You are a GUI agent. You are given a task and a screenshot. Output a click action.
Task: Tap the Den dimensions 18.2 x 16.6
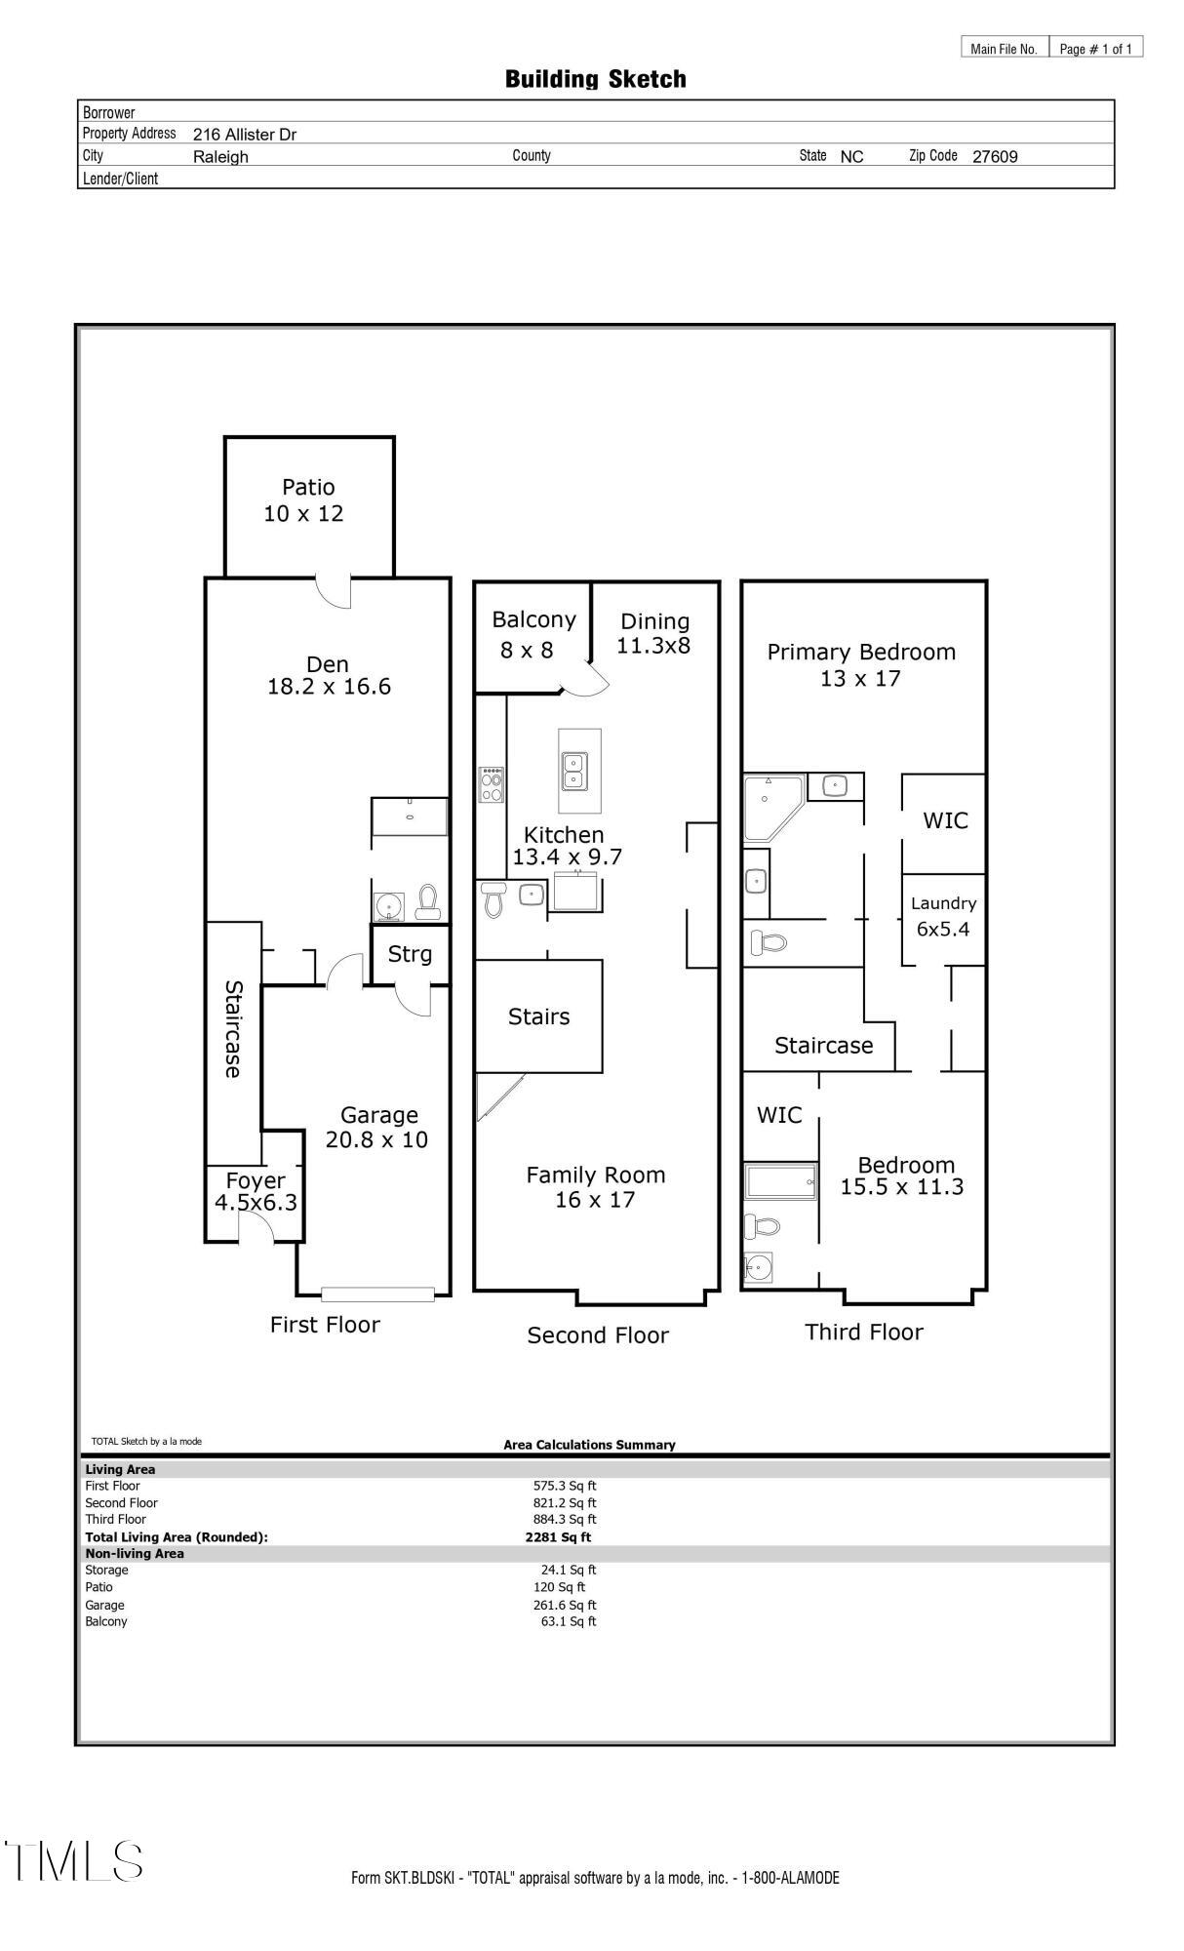(329, 687)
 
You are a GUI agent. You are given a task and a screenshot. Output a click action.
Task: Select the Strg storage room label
(410, 954)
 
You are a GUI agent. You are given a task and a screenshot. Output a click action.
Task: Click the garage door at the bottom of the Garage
(377, 1294)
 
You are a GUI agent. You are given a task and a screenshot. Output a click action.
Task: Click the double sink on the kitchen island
(575, 770)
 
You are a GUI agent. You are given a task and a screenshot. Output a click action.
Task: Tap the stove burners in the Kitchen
(492, 785)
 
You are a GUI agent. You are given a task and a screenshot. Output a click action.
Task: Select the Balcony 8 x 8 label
(533, 634)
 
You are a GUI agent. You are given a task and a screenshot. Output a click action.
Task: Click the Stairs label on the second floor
(538, 1016)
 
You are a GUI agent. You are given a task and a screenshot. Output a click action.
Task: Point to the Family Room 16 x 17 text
(595, 1187)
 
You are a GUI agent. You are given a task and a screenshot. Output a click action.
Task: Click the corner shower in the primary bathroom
(772, 807)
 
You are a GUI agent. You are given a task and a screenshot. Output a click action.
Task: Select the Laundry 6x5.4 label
(942, 916)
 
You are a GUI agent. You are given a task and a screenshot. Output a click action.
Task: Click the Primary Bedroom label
(860, 653)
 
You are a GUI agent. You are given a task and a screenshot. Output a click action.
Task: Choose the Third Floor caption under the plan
(863, 1333)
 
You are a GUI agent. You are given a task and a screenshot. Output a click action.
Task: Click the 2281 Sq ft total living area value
(558, 1537)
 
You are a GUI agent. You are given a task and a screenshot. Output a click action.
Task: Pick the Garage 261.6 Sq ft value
(568, 1605)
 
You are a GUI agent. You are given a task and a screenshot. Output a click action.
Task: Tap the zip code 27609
(994, 157)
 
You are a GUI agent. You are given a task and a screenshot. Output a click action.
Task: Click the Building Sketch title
(595, 79)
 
